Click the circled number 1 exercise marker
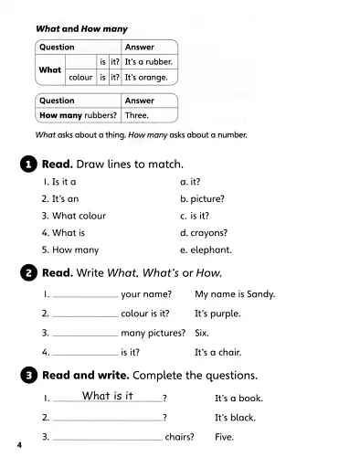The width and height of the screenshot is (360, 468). click(27, 165)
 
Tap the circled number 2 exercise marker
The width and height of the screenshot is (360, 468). click(27, 273)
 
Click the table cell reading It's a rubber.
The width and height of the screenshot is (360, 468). click(149, 62)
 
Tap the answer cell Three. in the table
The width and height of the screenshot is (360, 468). click(137, 115)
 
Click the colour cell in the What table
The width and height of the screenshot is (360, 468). click(80, 78)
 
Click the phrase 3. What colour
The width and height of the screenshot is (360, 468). click(73, 216)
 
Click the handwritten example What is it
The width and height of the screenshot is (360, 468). click(108, 396)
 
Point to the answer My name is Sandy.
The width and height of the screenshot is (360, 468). click(235, 294)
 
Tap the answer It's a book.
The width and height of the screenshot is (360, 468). click(238, 399)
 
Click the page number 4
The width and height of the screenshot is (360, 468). click(18, 445)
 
